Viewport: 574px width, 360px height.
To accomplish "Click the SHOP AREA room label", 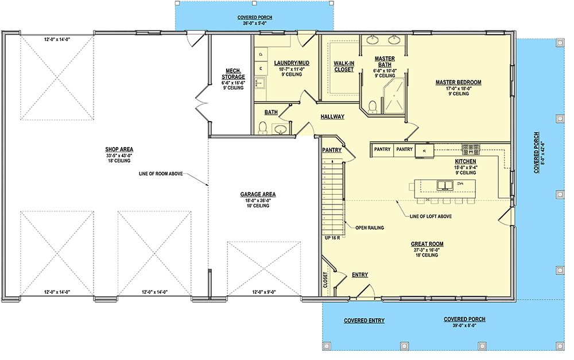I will coord(119,149).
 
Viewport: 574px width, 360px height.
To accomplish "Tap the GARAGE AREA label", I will coord(258,195).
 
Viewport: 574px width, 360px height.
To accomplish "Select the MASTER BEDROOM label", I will coord(458,83).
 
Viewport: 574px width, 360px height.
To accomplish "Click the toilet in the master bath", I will coord(372,106).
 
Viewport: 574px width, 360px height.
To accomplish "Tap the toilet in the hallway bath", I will coord(263,127).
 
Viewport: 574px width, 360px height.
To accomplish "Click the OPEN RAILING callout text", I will coord(370,227).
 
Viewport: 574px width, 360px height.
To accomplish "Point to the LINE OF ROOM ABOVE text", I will coord(160,173).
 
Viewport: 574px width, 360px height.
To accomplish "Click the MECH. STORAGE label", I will coord(234,73).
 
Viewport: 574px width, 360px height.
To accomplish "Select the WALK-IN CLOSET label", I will coord(344,66).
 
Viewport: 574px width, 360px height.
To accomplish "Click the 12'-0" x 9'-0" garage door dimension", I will coord(263,292).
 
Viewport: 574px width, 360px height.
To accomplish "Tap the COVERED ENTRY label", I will coord(364,320).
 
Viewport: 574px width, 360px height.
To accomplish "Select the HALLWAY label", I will coord(332,117).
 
